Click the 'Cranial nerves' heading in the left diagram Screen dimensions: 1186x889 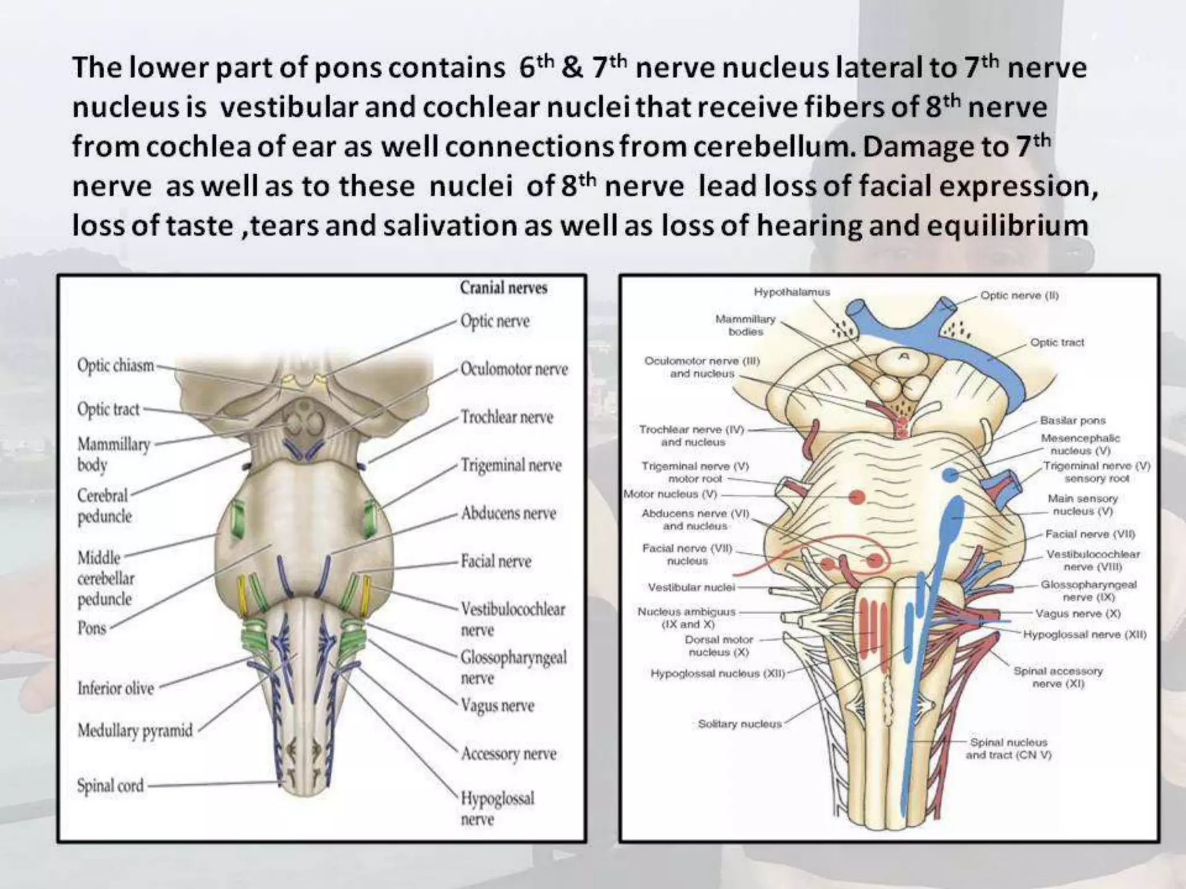(x=503, y=288)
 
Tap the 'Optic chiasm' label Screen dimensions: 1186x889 (x=116, y=366)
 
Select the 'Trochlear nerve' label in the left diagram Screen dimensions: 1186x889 (x=507, y=417)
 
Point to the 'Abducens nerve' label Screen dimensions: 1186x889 (x=508, y=513)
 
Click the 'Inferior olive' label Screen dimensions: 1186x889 (x=116, y=688)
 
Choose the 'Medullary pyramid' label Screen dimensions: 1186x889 (x=135, y=730)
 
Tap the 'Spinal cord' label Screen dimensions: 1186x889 (x=110, y=785)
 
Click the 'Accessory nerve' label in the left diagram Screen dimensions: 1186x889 (x=508, y=754)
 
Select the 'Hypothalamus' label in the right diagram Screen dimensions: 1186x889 (x=792, y=292)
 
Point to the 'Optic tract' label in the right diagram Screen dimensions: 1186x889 (x=1057, y=342)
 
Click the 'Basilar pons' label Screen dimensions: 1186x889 (x=1072, y=420)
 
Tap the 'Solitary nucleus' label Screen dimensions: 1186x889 (x=740, y=723)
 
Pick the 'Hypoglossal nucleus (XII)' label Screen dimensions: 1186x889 (x=718, y=673)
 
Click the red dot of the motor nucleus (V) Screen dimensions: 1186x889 (x=856, y=497)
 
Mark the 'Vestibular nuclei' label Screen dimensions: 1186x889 (x=691, y=587)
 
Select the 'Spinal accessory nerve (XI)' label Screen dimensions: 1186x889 (x=1057, y=677)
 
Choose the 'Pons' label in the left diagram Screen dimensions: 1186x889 (x=92, y=628)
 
